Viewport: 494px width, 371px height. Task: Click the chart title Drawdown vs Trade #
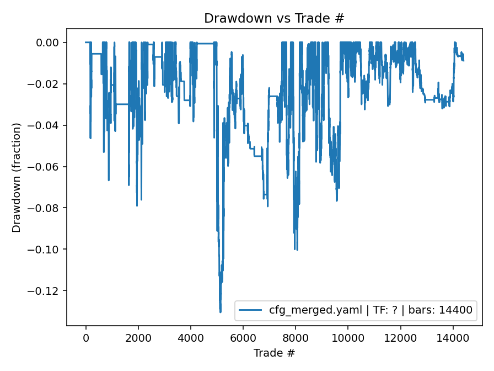[274, 18]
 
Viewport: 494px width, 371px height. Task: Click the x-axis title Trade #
[274, 352]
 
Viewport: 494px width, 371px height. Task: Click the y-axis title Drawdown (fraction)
[17, 177]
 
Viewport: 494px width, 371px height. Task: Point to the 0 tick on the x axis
[85, 337]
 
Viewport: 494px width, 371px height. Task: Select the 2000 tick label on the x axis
[138, 337]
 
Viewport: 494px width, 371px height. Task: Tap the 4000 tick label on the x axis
[190, 337]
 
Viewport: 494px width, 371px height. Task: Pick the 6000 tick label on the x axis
[243, 337]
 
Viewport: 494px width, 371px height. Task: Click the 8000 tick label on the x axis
[296, 337]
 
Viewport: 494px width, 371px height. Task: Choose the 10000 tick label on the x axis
[348, 337]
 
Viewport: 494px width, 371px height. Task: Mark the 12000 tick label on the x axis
[400, 337]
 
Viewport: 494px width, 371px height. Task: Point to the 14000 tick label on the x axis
[453, 337]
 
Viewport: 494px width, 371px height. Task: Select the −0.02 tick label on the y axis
[48, 84]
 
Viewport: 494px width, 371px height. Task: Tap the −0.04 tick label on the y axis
[48, 125]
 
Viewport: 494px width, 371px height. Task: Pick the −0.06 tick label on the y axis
[48, 167]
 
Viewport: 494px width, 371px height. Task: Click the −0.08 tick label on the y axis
[48, 208]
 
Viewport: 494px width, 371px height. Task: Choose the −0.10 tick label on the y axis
[48, 250]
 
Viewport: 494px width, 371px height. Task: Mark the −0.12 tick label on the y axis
[48, 291]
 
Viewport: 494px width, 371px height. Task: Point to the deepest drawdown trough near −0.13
[221, 312]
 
